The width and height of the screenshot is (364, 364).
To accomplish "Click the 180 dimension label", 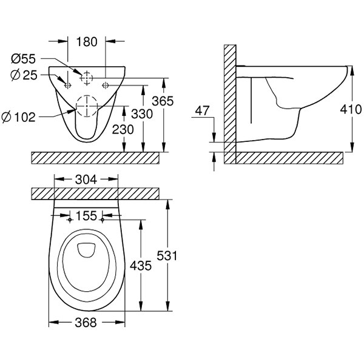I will [87, 42].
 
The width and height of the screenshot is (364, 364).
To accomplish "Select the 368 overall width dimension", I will [87, 323].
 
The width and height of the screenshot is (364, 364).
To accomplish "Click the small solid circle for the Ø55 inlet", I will [87, 78].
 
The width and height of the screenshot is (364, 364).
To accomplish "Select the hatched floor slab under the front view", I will [96, 157].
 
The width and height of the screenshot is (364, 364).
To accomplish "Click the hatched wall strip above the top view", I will [96, 194].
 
